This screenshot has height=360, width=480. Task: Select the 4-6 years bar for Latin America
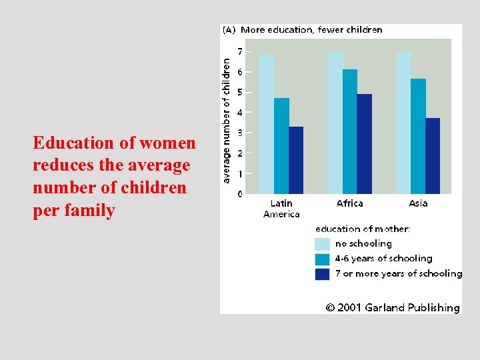(x=281, y=146)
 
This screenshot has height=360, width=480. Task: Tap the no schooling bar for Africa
(x=335, y=123)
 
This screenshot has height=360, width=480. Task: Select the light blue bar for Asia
(x=404, y=123)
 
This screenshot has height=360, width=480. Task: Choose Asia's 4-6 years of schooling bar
(x=419, y=137)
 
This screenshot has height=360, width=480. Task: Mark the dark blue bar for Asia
(x=433, y=156)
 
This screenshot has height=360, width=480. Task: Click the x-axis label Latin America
(x=281, y=209)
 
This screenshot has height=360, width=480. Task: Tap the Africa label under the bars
(x=350, y=203)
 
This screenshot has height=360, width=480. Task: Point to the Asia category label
(x=419, y=203)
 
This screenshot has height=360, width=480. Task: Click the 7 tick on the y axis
(x=240, y=51)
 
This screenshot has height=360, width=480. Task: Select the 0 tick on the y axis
(x=240, y=194)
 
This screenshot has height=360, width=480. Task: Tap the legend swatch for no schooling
(x=322, y=244)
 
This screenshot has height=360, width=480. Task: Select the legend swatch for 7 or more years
(x=322, y=274)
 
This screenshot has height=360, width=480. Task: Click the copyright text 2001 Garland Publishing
(x=393, y=307)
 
